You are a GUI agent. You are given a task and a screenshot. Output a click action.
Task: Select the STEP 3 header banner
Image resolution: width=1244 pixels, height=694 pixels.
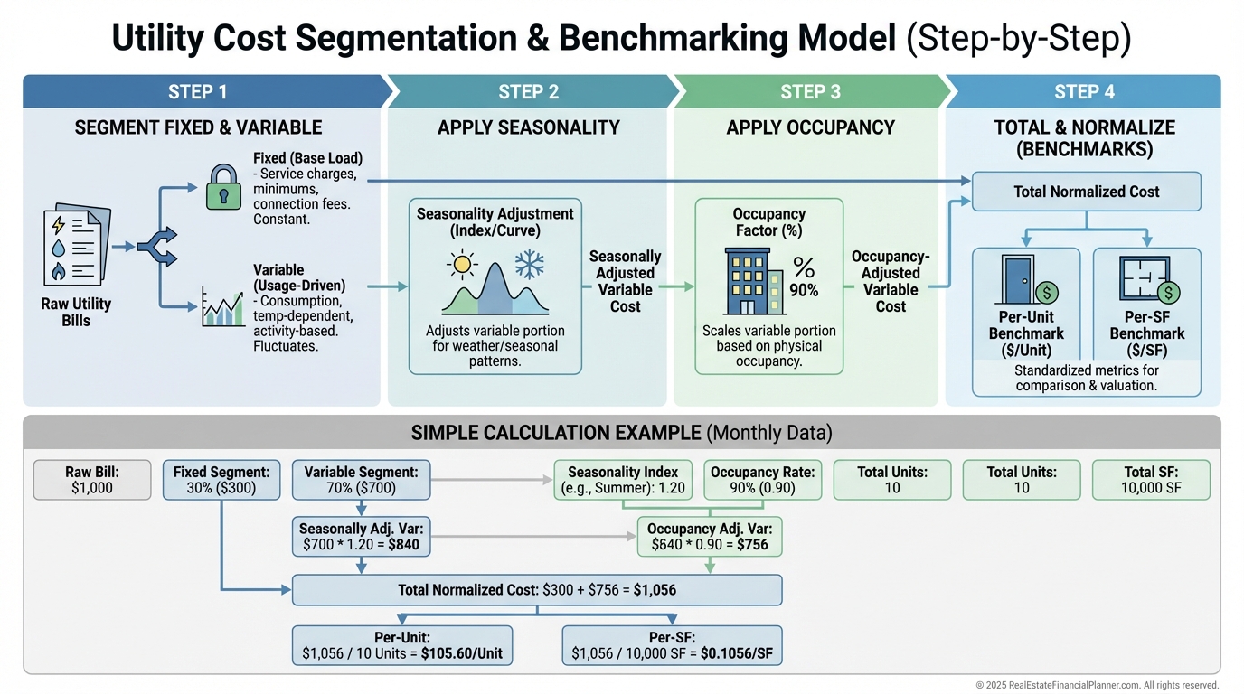tap(810, 91)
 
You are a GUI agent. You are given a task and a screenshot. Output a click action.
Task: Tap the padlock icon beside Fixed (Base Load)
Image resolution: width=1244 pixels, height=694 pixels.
tap(223, 187)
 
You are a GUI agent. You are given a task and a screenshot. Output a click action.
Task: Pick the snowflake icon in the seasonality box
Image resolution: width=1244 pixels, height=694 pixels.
tap(531, 265)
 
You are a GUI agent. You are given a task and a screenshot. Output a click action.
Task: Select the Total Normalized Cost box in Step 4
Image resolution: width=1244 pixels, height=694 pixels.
tap(1086, 192)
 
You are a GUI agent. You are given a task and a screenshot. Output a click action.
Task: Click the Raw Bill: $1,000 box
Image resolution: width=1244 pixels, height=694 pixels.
tap(92, 480)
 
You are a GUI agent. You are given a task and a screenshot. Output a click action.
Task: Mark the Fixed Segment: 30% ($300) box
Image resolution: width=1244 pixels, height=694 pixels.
tap(221, 480)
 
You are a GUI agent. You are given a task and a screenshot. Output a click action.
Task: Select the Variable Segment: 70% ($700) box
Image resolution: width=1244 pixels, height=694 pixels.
tap(361, 480)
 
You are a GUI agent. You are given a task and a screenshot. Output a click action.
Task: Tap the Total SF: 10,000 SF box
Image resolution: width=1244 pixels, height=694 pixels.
tap(1153, 480)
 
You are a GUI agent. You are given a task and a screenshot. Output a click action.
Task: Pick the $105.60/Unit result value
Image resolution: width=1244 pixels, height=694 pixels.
tap(460, 653)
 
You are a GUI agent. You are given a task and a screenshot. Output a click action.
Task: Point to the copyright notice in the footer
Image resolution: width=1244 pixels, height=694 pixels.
tap(1097, 685)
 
